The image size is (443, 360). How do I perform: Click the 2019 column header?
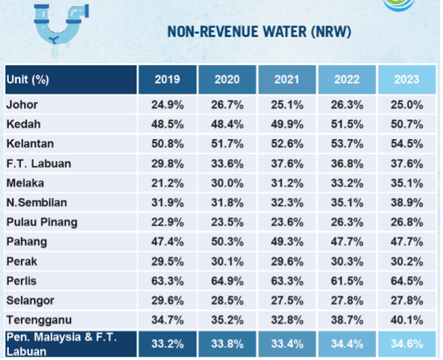coord(167,79)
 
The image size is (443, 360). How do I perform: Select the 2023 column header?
coord(406,79)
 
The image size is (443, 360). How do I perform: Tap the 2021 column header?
coord(286,79)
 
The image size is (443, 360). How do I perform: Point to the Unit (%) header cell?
coord(28,79)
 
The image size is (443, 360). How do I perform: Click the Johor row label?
coord(22,104)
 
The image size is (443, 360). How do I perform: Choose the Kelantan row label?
coord(30,144)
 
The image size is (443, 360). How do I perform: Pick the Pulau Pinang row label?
coord(41,222)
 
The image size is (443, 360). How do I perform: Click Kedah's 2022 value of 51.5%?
coord(347,124)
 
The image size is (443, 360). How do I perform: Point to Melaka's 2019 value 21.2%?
coord(167,183)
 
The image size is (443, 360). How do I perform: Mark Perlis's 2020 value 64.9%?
coord(227,281)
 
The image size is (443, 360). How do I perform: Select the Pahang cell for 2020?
coord(227,242)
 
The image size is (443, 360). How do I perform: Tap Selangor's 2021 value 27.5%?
coord(286,300)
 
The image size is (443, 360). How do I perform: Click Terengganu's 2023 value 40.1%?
coord(406,320)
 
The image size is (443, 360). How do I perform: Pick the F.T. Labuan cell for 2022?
coord(347,163)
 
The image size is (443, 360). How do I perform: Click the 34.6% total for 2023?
coord(406,344)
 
